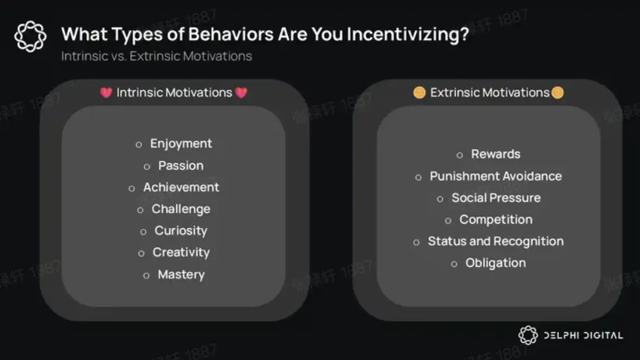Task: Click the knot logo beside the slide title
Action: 30,36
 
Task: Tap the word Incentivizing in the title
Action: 408,35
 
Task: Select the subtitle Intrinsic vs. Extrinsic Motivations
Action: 156,56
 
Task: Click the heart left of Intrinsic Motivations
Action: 106,93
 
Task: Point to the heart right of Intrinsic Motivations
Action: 241,93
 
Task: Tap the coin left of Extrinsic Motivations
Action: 419,92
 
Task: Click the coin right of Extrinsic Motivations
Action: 557,92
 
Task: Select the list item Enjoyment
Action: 181,144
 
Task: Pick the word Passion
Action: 181,165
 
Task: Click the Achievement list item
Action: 181,187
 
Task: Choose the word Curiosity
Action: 181,231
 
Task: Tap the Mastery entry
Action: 181,275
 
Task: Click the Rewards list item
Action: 495,154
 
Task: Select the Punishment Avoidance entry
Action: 495,176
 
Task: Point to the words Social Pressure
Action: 496,198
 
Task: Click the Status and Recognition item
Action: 495,241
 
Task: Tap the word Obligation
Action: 495,263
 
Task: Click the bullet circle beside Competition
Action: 448,221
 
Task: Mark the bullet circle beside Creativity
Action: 141,253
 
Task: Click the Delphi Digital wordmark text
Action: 583,336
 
